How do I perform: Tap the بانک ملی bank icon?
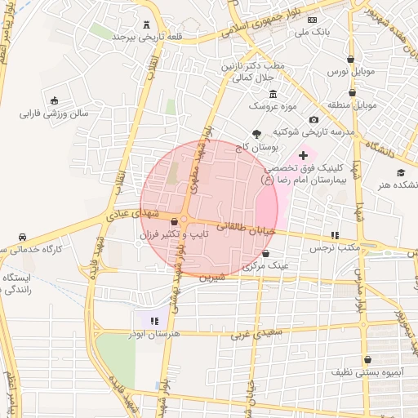pos(313,19)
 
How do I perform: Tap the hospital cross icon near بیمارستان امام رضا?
pos(304,153)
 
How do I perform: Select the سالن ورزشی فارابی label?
pos(53,114)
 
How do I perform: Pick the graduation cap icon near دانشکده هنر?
pos(400,172)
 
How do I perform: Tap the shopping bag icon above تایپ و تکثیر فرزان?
pos(174,221)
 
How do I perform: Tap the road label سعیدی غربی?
pos(255,333)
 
